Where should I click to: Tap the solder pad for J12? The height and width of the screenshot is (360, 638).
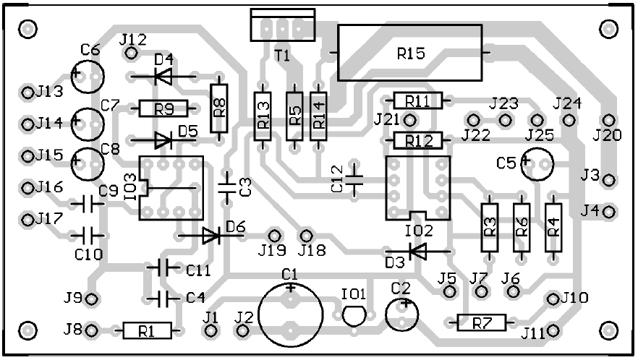click(131, 53)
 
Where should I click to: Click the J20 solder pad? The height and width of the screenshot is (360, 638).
click(609, 120)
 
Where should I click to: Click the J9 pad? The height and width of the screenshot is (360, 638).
click(93, 299)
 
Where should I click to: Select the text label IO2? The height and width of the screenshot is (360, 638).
click(419, 231)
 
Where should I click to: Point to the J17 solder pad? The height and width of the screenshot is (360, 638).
click(27, 220)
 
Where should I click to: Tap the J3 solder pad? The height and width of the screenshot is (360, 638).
click(609, 180)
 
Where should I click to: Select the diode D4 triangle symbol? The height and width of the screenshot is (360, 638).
click(163, 76)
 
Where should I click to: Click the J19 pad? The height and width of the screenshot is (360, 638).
click(274, 236)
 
